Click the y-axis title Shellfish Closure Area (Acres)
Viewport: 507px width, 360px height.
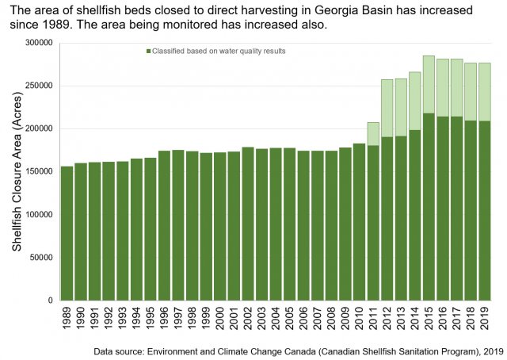pyautogui.click(x=17, y=171)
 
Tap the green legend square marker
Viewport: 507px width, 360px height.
pyautogui.click(x=148, y=52)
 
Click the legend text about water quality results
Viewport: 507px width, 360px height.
pyautogui.click(x=219, y=52)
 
